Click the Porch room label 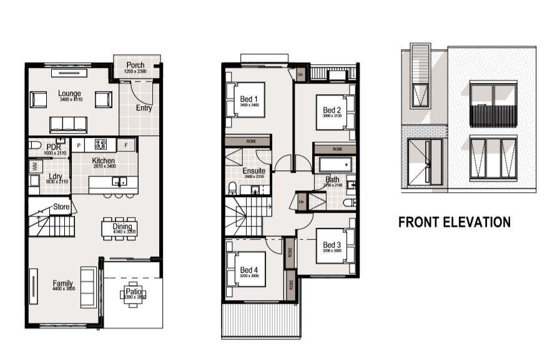(135, 66)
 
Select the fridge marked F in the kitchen (127, 145)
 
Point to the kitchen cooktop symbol (101, 145)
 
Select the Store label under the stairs (61, 207)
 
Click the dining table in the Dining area (119, 229)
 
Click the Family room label (62, 283)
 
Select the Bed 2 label (332, 110)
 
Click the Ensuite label (254, 170)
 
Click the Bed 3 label (332, 245)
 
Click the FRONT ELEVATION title (454, 222)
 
